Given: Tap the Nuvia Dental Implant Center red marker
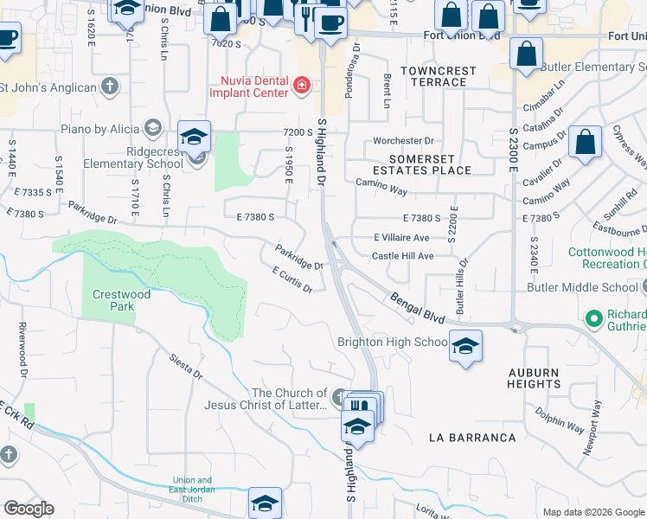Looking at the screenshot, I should point(301,85).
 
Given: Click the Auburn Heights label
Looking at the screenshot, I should point(534,378).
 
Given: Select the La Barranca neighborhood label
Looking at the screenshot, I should point(472,438).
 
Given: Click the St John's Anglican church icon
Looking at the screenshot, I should point(109,86).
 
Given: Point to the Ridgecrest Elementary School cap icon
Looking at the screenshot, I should point(195,138).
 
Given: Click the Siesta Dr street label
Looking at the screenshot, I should point(185,364).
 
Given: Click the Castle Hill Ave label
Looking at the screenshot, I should point(402,256).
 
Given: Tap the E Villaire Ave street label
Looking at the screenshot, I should point(401,237).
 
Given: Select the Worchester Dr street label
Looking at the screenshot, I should point(403,140).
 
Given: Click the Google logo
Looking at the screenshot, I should point(29,508).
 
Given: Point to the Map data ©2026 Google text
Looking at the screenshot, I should point(593,512).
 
